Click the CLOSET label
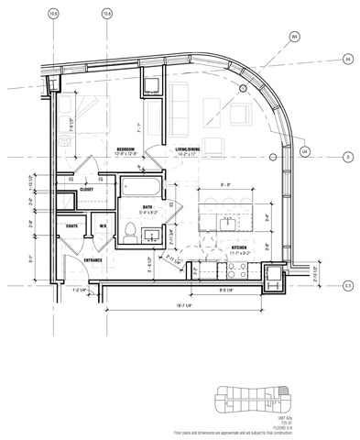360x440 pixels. pyautogui.click(x=86, y=190)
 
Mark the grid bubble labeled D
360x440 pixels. pyautogui.click(x=347, y=157)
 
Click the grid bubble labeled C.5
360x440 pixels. pyautogui.click(x=347, y=285)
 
